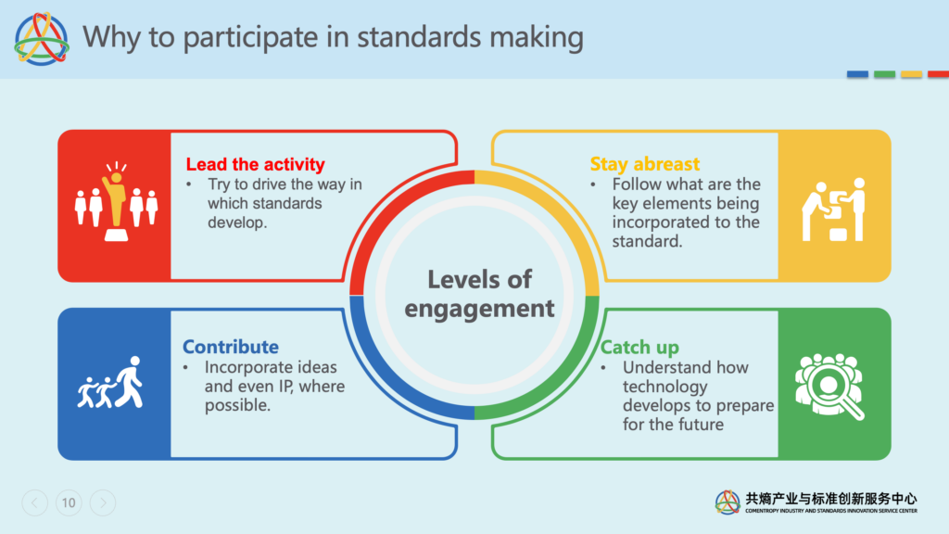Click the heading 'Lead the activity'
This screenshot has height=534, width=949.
tap(255, 164)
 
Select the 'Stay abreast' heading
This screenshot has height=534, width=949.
tap(644, 164)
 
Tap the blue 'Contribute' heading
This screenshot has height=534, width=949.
tap(230, 347)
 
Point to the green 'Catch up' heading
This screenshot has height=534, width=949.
tap(639, 348)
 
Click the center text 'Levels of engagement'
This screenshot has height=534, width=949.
tap(478, 293)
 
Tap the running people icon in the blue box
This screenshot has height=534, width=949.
tap(111, 382)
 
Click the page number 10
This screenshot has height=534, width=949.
tap(68, 503)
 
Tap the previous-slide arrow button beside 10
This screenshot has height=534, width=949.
tap(34, 503)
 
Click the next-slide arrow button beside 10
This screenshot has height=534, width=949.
tap(103, 503)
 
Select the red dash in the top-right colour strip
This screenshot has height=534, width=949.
tap(937, 74)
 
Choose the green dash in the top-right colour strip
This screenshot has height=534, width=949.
tap(884, 74)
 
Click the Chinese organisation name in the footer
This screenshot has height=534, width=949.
tap(831, 499)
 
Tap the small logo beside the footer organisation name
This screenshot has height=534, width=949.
tap(728, 502)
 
